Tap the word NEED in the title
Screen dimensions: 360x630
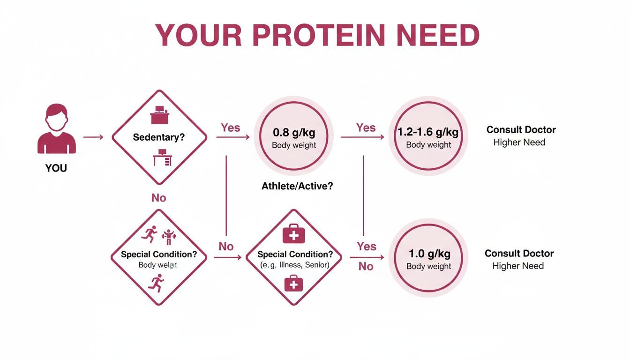tap(438, 35)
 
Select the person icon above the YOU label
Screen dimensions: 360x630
tap(56, 129)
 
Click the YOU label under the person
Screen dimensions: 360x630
tap(56, 168)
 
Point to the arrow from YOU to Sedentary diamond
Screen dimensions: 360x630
tap(93, 137)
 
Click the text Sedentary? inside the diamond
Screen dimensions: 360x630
tap(159, 137)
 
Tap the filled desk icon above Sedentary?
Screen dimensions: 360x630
tap(159, 116)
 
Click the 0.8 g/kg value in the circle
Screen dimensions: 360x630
tap(294, 132)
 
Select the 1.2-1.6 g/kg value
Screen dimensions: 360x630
tap(428, 132)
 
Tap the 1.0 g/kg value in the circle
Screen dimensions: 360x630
tap(429, 254)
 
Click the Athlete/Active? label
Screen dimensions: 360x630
tap(297, 186)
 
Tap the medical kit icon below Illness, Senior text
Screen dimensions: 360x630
tap(293, 284)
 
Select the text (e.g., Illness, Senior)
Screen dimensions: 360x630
tap(295, 265)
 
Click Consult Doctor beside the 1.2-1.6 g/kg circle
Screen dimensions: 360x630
tap(521, 129)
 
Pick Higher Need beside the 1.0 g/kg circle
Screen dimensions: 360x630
tap(518, 266)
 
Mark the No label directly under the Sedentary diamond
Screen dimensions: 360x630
tap(158, 198)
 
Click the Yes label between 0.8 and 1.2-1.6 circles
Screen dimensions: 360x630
tap(366, 127)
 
